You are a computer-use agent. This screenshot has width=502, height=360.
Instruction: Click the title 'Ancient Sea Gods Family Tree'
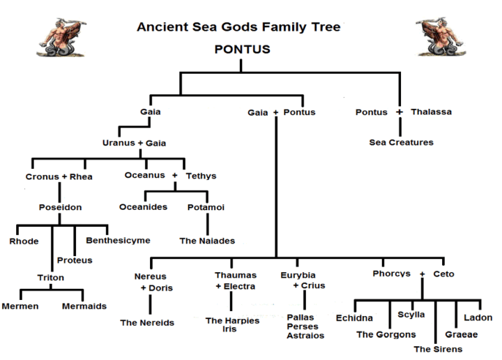pos(238,27)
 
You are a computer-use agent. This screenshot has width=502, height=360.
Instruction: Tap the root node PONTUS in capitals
pos(243,50)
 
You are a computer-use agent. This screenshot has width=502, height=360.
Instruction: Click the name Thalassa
pos(431,112)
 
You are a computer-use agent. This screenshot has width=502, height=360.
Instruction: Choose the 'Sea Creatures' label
pos(401,142)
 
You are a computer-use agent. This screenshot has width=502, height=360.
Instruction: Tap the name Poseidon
pos(60,207)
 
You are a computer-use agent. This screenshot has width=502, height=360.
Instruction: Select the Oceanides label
pos(143,207)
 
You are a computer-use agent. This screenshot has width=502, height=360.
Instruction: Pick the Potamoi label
pos(206,207)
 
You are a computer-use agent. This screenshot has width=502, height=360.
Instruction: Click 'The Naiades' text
pos(207,241)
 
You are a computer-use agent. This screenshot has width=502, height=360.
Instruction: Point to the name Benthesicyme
pos(118,241)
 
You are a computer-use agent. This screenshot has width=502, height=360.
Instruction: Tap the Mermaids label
pos(84,306)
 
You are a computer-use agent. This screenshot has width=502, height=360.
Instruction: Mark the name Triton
pos(51,278)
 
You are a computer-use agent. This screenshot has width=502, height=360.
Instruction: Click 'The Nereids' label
pos(147,322)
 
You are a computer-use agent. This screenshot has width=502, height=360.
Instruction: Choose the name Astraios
pos(305,336)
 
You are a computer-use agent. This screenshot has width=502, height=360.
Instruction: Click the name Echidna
pos(355,317)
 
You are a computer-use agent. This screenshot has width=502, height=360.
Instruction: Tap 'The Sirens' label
pos(436,349)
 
